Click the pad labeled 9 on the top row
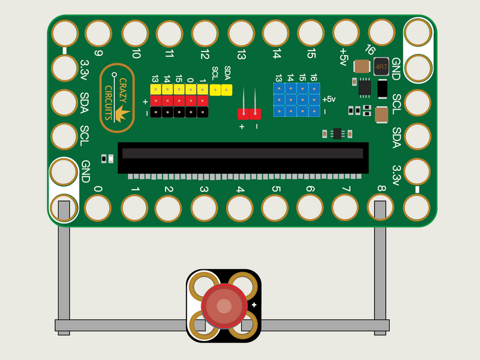point(99,34)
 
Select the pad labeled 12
point(205,33)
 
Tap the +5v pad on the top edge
point(346,32)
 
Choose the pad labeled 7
point(345,208)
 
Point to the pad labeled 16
point(381,32)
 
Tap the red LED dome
point(224,306)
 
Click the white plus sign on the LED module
point(254,306)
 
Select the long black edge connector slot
point(242,154)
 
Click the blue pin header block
point(296,100)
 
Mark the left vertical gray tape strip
point(64,264)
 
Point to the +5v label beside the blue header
point(329,99)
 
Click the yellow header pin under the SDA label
point(227,89)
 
